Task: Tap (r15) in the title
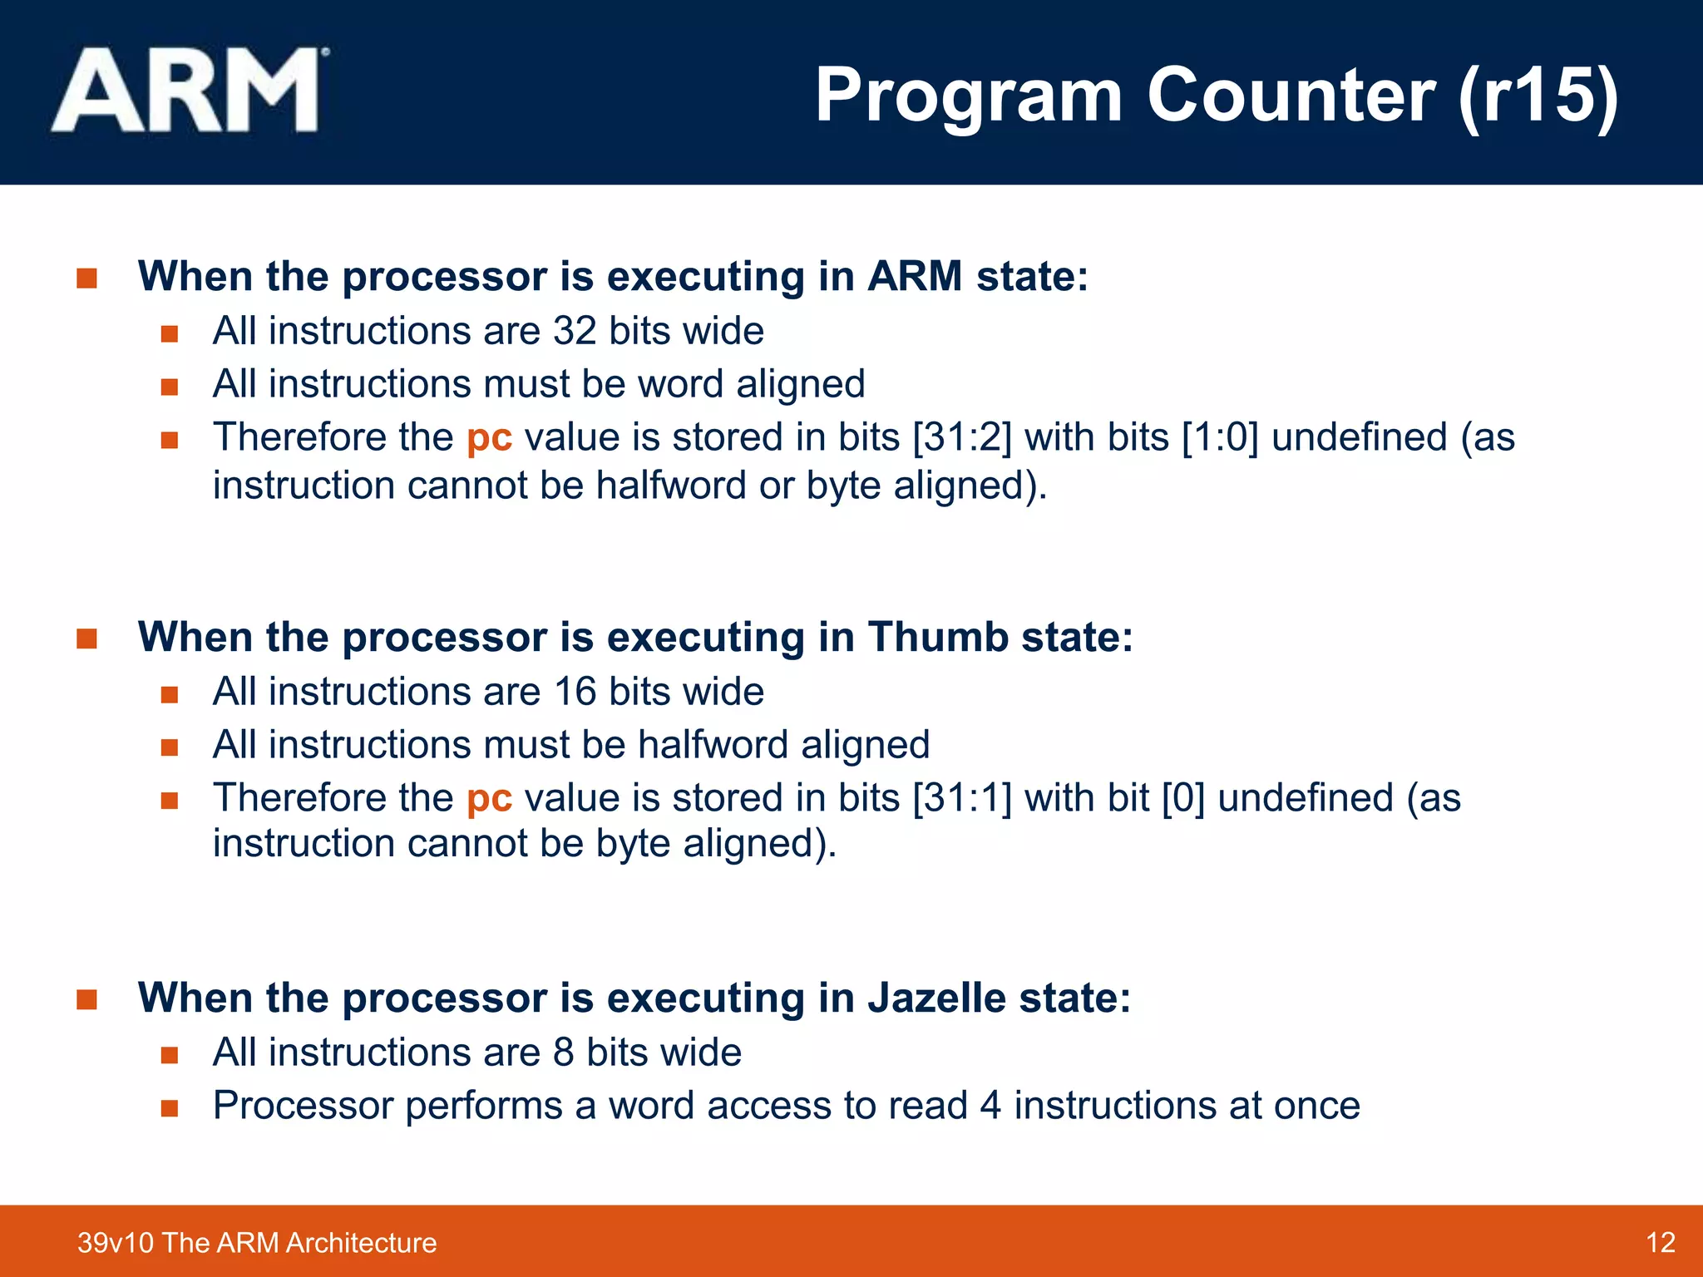pos(1538,95)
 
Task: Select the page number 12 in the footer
pos(1660,1242)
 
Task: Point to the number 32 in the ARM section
pos(575,331)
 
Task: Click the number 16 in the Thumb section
pos(575,692)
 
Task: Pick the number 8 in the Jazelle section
pos(563,1053)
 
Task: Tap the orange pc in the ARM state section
pos(489,438)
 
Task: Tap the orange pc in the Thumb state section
pos(489,799)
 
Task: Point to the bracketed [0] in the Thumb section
pos(1182,798)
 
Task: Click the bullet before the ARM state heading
pos(86,278)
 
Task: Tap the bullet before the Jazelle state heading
pos(86,999)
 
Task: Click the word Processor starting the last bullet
pos(302,1106)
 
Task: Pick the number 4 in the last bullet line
pos(990,1106)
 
